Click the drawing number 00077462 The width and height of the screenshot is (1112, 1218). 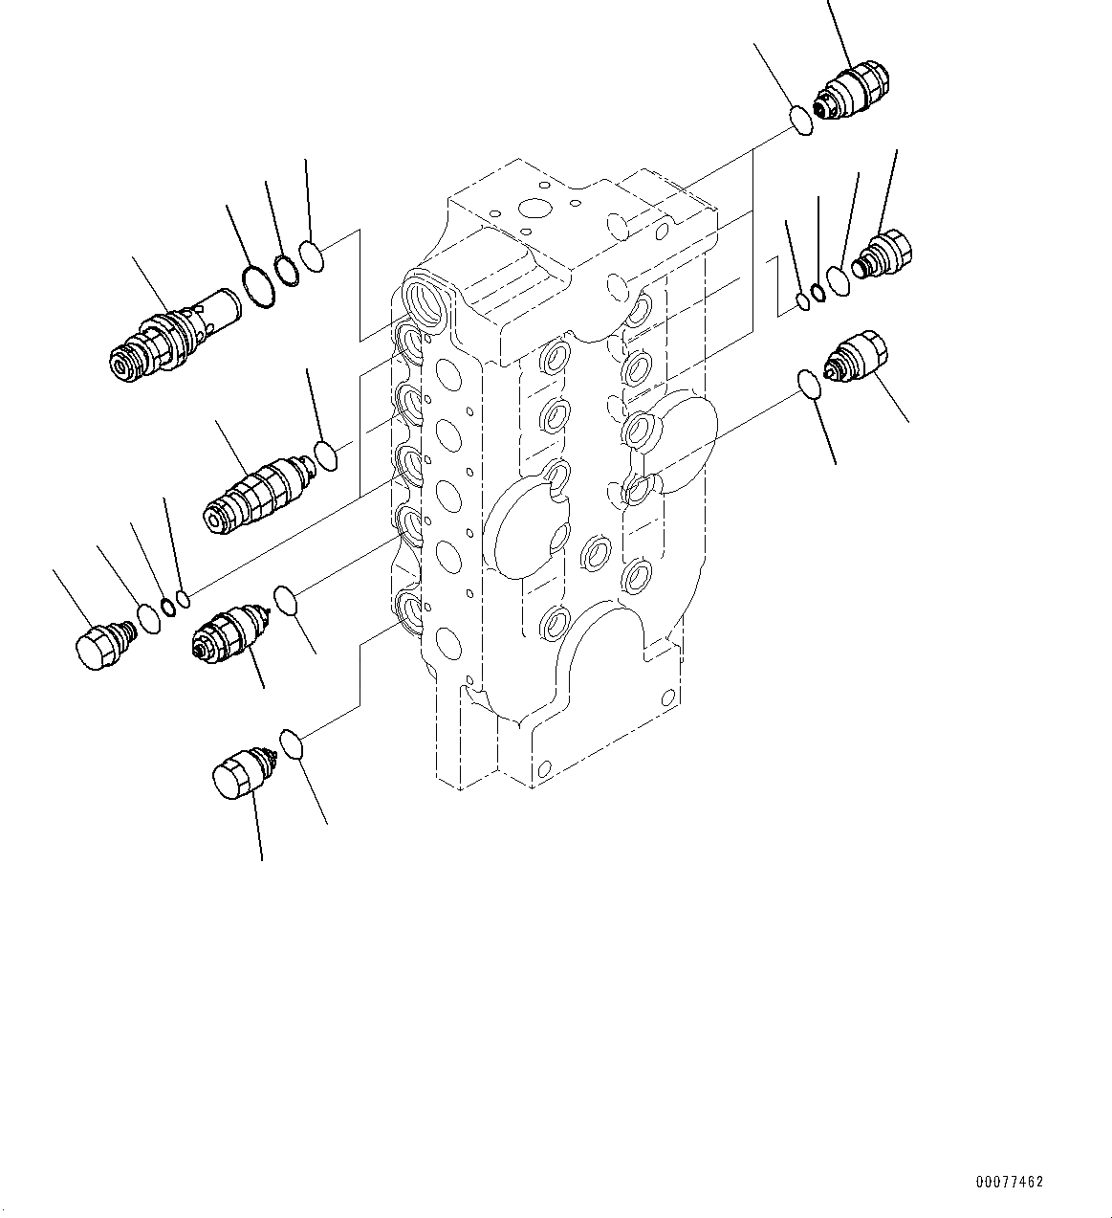tap(1009, 1183)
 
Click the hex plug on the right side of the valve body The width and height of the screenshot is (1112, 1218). tap(887, 255)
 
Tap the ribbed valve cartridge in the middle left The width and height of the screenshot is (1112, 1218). tap(256, 490)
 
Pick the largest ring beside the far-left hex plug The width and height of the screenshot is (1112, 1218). tap(149, 618)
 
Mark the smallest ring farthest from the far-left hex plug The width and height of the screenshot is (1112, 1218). tap(185, 600)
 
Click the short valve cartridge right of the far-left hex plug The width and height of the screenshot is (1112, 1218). tap(227, 630)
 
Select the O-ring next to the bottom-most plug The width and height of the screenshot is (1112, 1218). tap(292, 742)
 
